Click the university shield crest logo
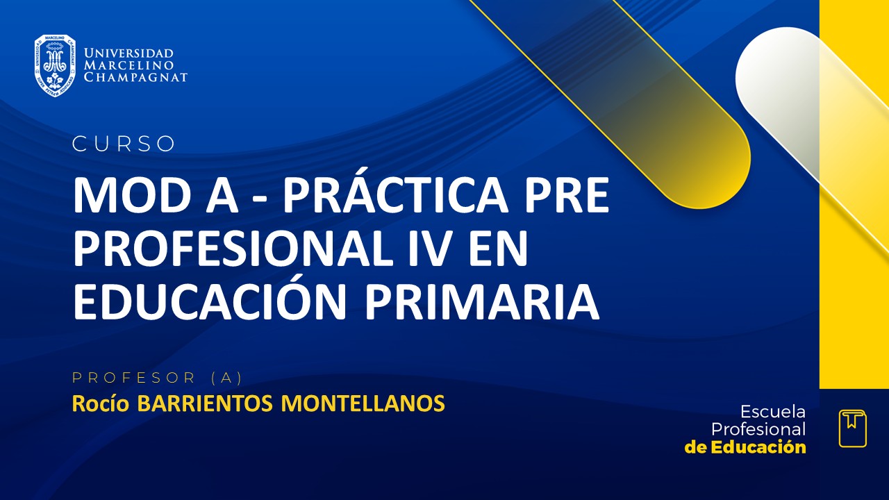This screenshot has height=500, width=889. coord(55,65)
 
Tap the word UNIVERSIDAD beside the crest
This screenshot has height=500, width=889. coord(128,53)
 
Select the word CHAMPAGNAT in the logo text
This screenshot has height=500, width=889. coord(135,78)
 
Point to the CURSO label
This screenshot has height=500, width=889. coord(124,144)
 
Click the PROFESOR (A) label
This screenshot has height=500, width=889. coord(157,378)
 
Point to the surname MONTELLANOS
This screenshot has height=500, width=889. coord(363,403)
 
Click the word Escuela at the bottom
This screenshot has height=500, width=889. coord(773,412)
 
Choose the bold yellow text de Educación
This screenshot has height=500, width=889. coord(745,447)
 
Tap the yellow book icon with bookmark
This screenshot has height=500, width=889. coord(852,428)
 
